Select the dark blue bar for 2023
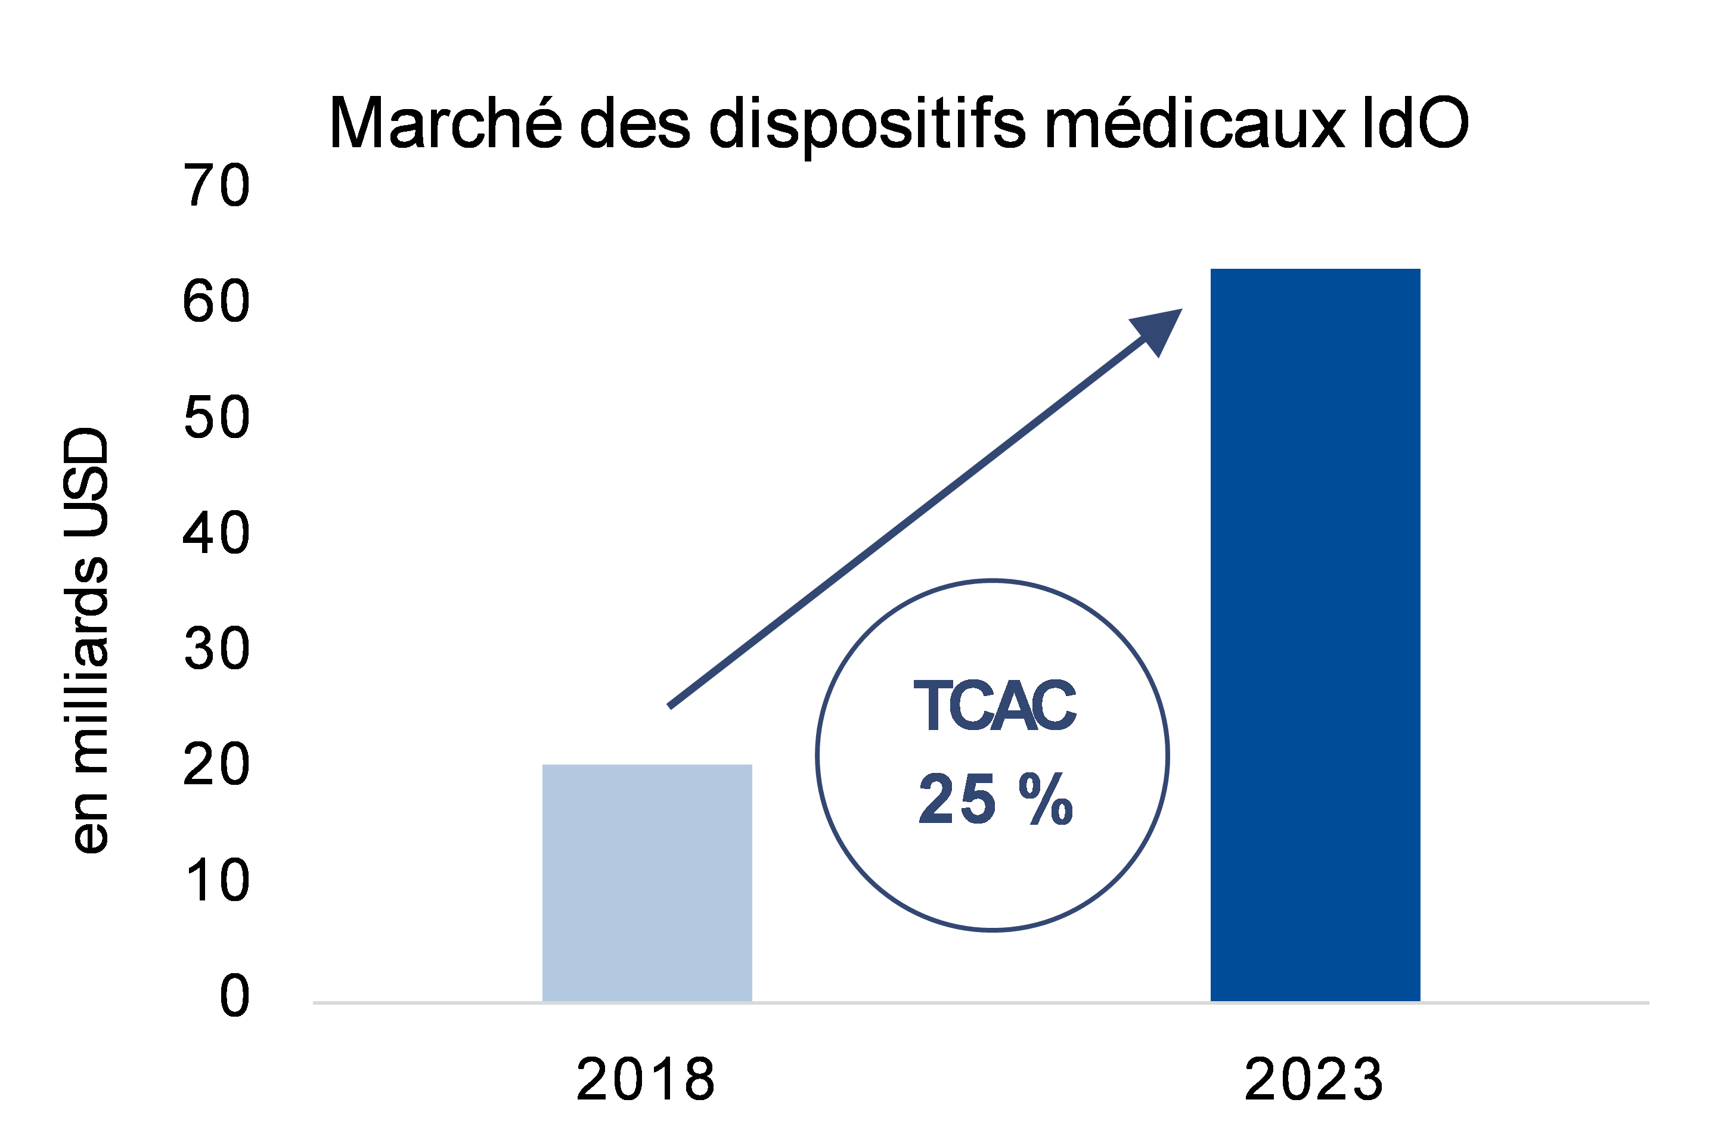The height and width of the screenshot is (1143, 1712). click(1316, 635)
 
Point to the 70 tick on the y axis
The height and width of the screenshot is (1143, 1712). click(216, 186)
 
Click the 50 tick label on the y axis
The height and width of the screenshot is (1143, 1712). click(216, 418)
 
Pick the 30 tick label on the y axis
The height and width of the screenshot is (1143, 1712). click(216, 649)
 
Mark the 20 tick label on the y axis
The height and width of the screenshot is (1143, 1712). click(216, 765)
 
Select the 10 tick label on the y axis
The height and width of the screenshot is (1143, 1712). click(216, 881)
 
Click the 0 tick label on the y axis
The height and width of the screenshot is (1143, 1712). click(235, 996)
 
